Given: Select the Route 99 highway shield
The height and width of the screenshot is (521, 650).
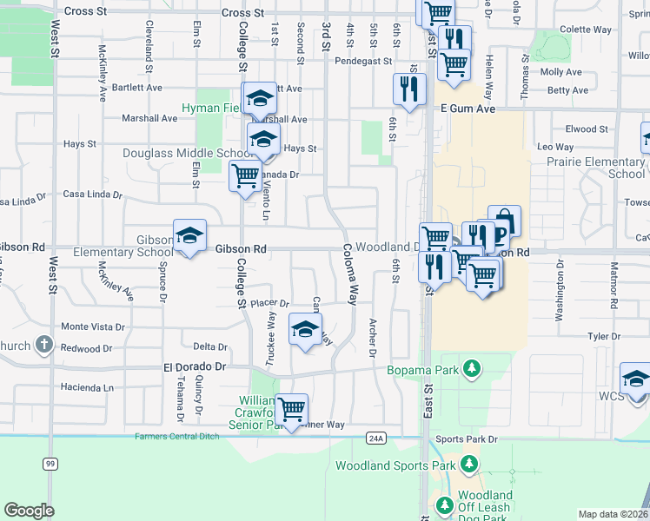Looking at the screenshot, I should tap(50, 465).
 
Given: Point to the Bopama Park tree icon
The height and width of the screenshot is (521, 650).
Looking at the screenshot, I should tap(472, 369).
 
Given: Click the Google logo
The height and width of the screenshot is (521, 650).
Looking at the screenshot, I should tap(29, 510).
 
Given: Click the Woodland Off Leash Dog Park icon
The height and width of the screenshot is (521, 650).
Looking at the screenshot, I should tap(444, 505).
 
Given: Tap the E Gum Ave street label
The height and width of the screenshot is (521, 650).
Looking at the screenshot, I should tap(468, 109).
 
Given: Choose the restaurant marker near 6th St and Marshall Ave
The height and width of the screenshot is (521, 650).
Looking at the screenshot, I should tap(409, 89).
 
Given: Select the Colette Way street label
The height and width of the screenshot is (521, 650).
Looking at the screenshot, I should tap(587, 30).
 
